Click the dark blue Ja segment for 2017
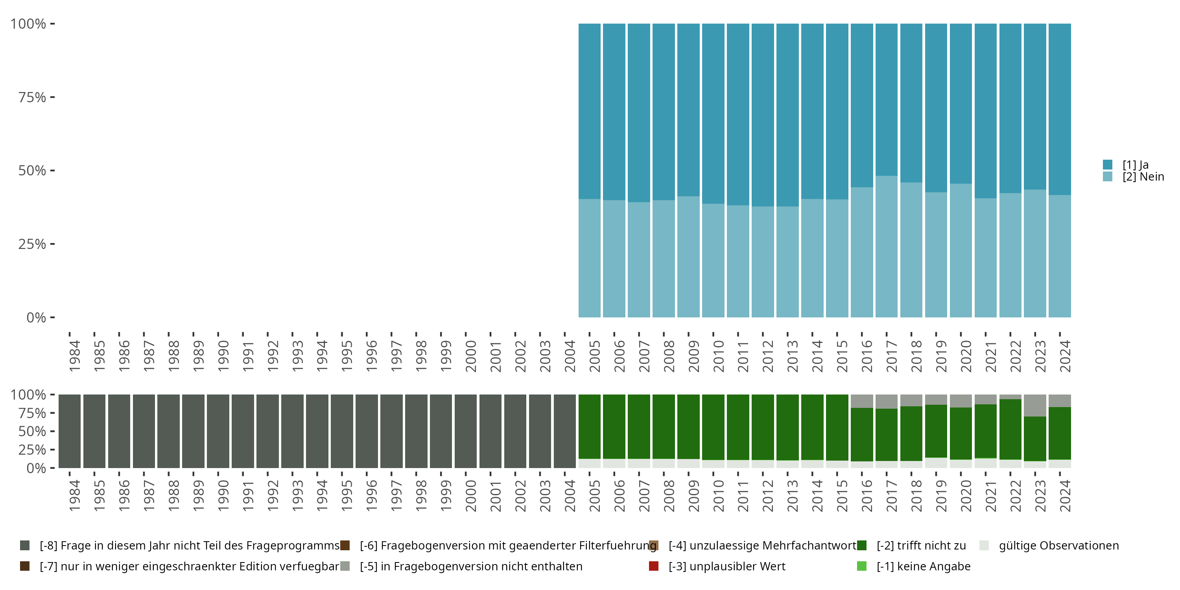tap(886, 100)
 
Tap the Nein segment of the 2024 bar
tap(1060, 256)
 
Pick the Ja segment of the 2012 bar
tap(763, 114)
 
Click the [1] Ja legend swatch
tap(1108, 164)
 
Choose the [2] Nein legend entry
tap(1143, 177)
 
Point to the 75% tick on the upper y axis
tap(52, 97)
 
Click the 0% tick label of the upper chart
tap(36, 317)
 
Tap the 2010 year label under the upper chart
tap(718, 356)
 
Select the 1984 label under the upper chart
tap(74, 356)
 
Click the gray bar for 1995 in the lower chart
tap(342, 431)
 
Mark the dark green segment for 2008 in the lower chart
tap(664, 426)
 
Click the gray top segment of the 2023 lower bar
tap(1035, 405)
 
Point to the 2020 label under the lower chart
tap(966, 496)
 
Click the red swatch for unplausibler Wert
tap(654, 566)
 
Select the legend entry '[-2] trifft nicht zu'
tap(921, 546)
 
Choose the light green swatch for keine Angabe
tap(862, 566)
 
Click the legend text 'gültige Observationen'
tap(1058, 546)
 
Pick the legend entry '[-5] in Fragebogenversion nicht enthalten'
tap(470, 566)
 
